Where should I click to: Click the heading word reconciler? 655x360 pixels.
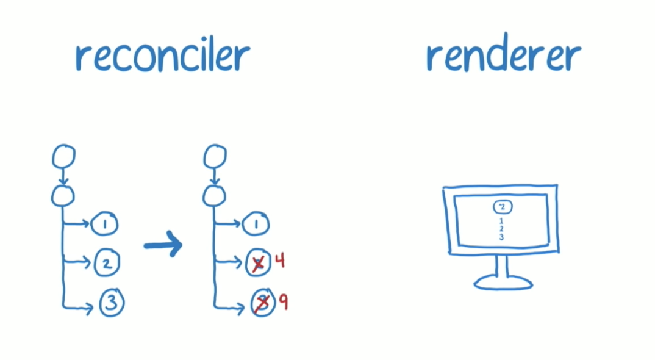(162, 56)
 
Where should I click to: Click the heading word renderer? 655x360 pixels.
(503, 56)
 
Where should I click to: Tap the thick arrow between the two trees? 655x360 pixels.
(163, 245)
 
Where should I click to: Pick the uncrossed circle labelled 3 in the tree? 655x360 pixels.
(110, 303)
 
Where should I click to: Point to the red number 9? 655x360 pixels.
(282, 301)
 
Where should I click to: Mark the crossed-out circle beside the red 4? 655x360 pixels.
(259, 264)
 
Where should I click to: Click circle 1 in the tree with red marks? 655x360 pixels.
(256, 225)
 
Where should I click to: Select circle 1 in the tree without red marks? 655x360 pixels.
(104, 225)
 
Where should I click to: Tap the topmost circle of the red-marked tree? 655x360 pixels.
(215, 157)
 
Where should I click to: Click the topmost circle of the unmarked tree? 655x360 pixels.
(64, 157)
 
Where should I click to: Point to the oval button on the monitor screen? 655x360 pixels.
(502, 207)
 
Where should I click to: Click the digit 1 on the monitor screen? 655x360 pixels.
(501, 220)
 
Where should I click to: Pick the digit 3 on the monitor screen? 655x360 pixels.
(501, 237)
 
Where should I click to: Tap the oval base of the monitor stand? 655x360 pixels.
(503, 281)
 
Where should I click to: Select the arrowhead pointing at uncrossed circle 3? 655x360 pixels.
(89, 309)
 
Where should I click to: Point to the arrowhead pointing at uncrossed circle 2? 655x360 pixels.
(88, 264)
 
